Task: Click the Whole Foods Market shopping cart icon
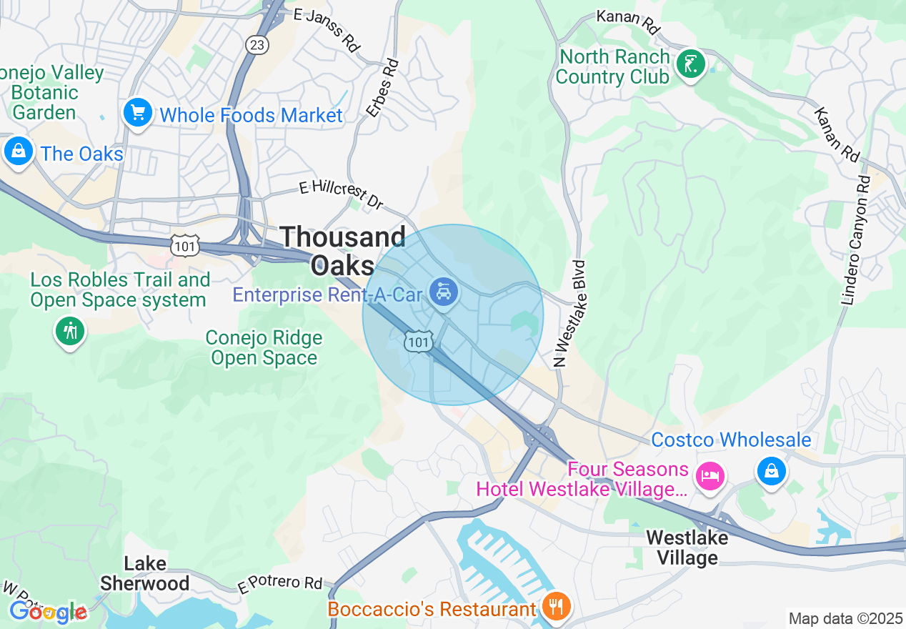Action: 138,113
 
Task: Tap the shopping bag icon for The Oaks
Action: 18,151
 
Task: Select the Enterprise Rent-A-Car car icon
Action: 444,292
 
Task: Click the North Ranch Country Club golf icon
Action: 690,64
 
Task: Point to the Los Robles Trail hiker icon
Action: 70,331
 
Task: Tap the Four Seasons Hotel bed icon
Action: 710,475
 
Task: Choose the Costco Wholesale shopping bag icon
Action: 772,471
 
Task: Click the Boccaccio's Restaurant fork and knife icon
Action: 555,607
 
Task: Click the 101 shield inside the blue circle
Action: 418,342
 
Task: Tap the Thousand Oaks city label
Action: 344,250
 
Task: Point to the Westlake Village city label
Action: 687,548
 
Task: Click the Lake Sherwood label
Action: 144,573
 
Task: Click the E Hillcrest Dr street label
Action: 342,194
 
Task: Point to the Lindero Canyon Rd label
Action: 857,240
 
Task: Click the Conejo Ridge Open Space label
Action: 264,347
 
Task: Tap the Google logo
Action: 47,612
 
